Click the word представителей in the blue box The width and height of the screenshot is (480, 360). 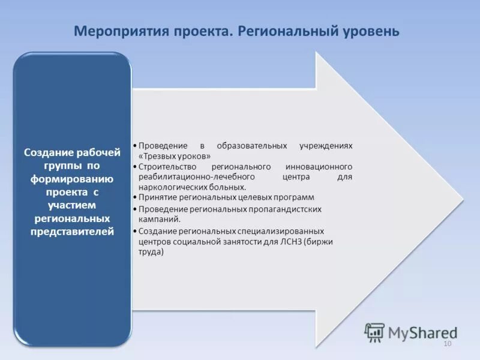coord(73,231)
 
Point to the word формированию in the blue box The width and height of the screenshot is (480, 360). coord(73,179)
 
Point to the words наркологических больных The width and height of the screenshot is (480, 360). coord(188,187)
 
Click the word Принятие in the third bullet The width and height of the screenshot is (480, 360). coord(155,197)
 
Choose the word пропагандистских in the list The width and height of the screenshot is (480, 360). coord(285,209)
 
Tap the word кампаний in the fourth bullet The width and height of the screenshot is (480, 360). coord(155,219)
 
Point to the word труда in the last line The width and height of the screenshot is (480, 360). coord(151,252)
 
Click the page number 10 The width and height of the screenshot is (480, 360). coord(446,343)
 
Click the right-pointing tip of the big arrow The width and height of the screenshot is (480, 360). coord(462,200)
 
